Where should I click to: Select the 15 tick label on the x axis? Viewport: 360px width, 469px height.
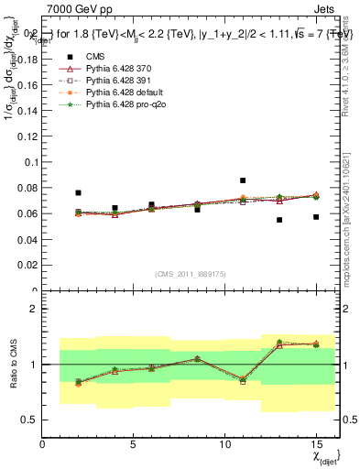coord(316,445)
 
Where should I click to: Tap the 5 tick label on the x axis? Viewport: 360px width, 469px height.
coord(134,445)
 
